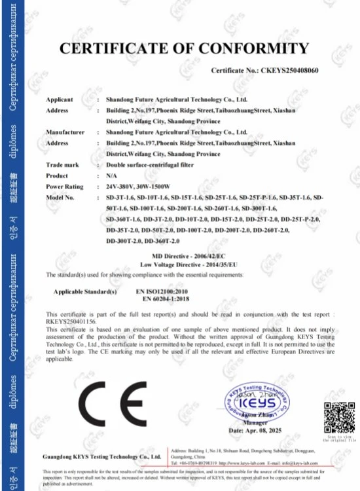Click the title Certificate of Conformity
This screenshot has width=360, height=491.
pos(184,48)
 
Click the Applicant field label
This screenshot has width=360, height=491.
pos(60,100)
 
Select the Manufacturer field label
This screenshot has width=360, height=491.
pos(65,132)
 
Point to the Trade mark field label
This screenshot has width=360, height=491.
pos(62,164)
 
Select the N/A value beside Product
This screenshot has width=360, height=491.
pos(112,175)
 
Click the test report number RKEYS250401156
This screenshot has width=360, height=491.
pos(71,321)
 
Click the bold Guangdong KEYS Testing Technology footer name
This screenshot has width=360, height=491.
pos(101,455)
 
